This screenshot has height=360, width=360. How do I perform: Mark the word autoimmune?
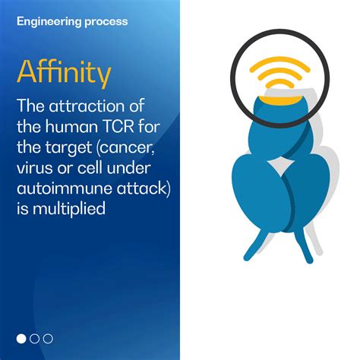[x=59, y=183]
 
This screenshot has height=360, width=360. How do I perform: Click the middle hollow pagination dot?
[x=35, y=338]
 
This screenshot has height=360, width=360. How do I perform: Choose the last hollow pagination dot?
[x=48, y=338]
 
